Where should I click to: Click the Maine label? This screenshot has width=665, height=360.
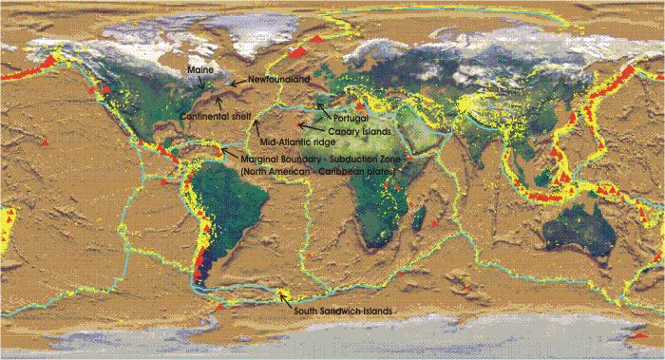pyautogui.click(x=199, y=70)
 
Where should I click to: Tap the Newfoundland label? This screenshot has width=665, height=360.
pyautogui.click(x=277, y=80)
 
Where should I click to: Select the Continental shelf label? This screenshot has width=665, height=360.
pyautogui.click(x=208, y=116)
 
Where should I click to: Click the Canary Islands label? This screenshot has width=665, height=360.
pyautogui.click(x=361, y=130)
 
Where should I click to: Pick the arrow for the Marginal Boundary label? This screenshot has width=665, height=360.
pyautogui.click(x=228, y=153)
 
